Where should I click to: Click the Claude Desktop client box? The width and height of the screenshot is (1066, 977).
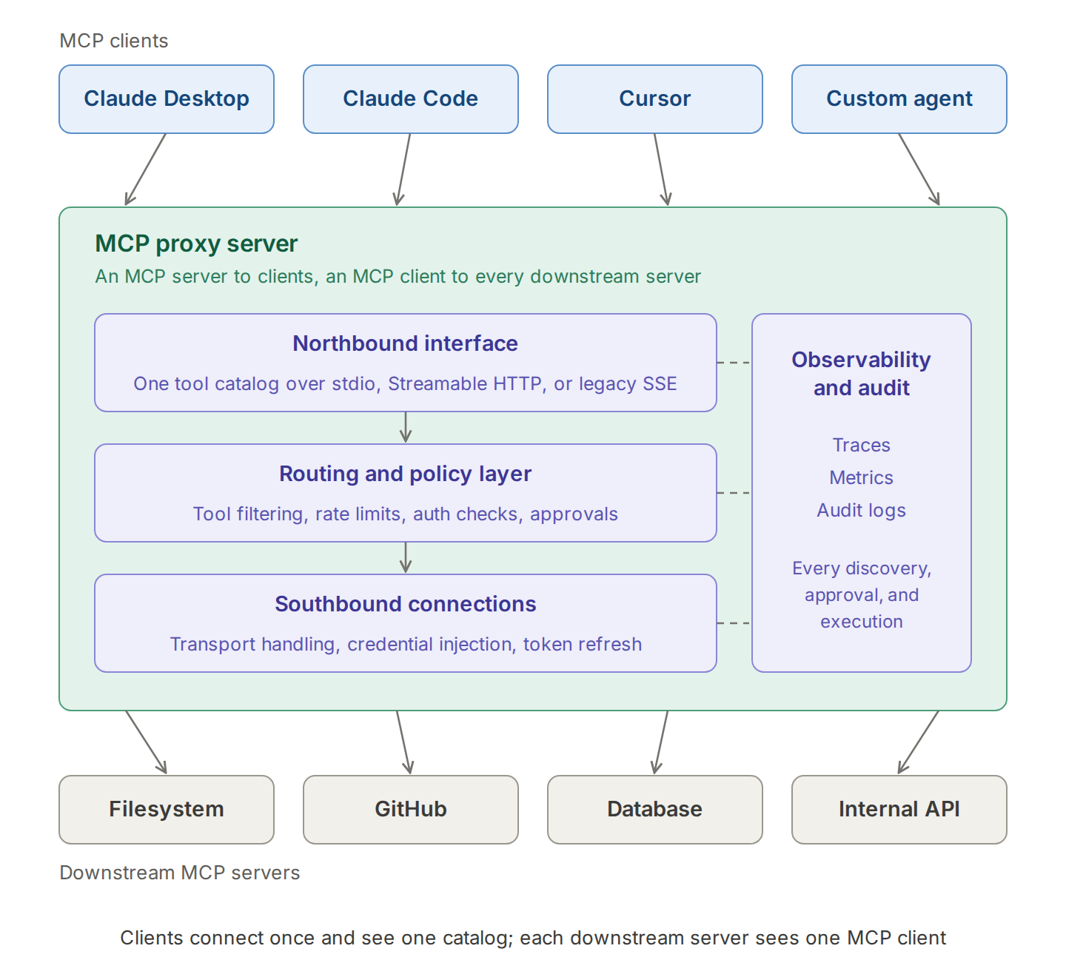167,99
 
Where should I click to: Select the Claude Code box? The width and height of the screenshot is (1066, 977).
411,99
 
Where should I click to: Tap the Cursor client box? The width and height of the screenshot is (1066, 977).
655,99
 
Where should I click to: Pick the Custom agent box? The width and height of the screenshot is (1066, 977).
899,99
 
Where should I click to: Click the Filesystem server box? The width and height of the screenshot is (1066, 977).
167,810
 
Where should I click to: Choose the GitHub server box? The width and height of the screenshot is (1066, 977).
411,810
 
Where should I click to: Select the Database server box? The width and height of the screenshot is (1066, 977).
655,810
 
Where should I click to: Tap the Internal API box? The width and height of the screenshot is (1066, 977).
899,810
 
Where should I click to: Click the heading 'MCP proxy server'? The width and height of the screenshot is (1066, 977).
196,244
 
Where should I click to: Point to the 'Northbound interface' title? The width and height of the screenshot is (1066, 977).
406,343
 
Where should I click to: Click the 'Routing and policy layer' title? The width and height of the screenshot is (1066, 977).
406,474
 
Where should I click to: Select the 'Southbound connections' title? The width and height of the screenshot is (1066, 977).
406,604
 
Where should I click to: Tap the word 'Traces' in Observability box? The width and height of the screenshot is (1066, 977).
862,445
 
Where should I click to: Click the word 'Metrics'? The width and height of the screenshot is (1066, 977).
862,477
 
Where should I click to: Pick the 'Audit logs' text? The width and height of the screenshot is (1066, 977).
862,510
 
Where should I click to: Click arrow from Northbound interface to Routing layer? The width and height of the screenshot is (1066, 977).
406,427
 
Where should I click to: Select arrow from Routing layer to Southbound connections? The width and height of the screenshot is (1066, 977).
406,557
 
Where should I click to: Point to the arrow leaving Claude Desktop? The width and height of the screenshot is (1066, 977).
145,169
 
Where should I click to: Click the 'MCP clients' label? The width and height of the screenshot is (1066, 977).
114,41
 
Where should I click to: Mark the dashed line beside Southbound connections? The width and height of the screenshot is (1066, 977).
734,623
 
